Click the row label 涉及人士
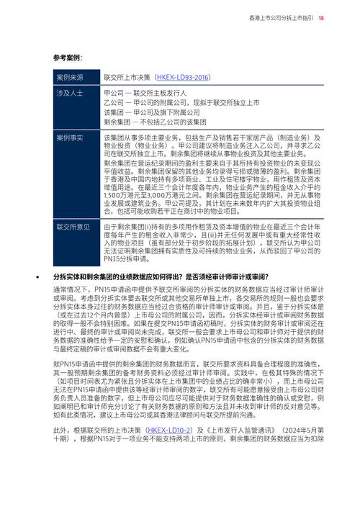click(70, 94)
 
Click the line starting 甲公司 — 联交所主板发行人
click(145, 94)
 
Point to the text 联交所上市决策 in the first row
click(127, 77)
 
